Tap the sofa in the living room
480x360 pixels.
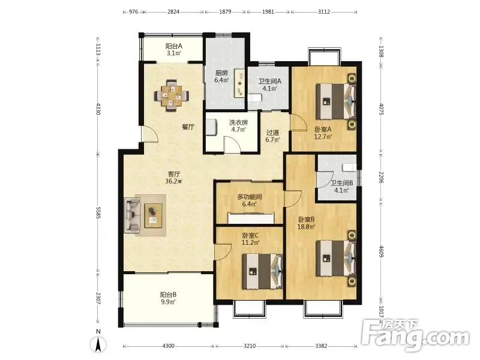[132, 215]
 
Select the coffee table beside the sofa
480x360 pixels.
[154, 215]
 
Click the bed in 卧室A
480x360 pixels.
[336, 101]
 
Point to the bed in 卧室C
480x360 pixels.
[262, 271]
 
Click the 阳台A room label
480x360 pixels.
[174, 46]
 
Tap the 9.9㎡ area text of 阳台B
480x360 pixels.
[168, 302]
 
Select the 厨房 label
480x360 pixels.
[221, 73]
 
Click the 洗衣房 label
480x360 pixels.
[238, 123]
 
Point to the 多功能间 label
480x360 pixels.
[249, 197]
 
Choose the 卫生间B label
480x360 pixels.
[342, 183]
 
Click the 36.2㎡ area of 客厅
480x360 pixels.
[173, 181]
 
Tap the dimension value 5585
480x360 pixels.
[98, 212]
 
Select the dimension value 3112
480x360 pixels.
[324, 12]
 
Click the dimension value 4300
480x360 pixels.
[168, 346]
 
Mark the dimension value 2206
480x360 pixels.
[381, 177]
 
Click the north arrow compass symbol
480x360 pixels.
[98, 344]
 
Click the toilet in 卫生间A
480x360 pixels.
[254, 98]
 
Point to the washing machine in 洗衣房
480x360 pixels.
[211, 127]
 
